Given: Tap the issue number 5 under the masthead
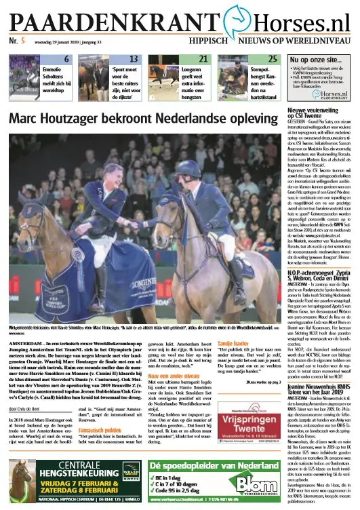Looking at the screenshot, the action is (x=22, y=42).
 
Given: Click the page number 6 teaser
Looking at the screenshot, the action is (x=66, y=60).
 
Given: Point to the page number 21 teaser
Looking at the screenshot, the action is (x=203, y=60).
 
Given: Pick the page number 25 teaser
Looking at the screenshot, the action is (x=273, y=60).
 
